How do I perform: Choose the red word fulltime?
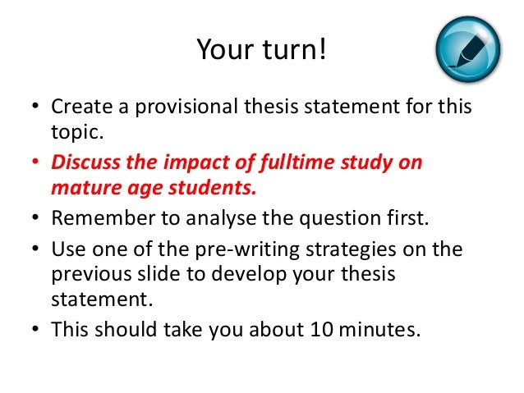[x=297, y=162]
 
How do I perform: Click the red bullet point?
[x=37, y=162]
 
